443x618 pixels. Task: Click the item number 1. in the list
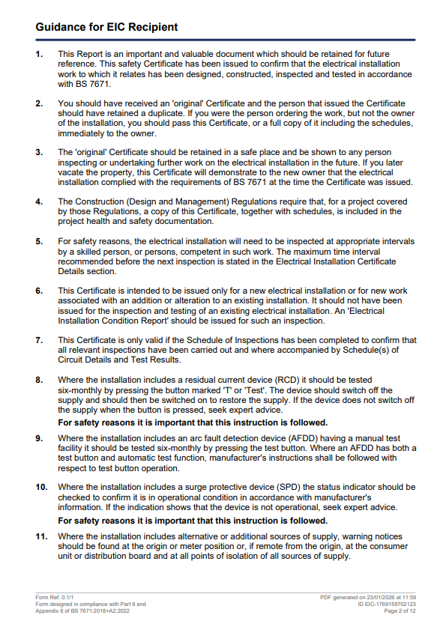tap(39, 55)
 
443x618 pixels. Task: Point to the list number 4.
tap(39, 202)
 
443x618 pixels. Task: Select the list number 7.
tap(39, 341)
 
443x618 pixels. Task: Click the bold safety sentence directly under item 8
tap(193, 422)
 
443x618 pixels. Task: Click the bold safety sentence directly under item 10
tap(193, 521)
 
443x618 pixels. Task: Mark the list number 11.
tap(41, 537)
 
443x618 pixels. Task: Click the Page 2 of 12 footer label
tap(400, 611)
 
